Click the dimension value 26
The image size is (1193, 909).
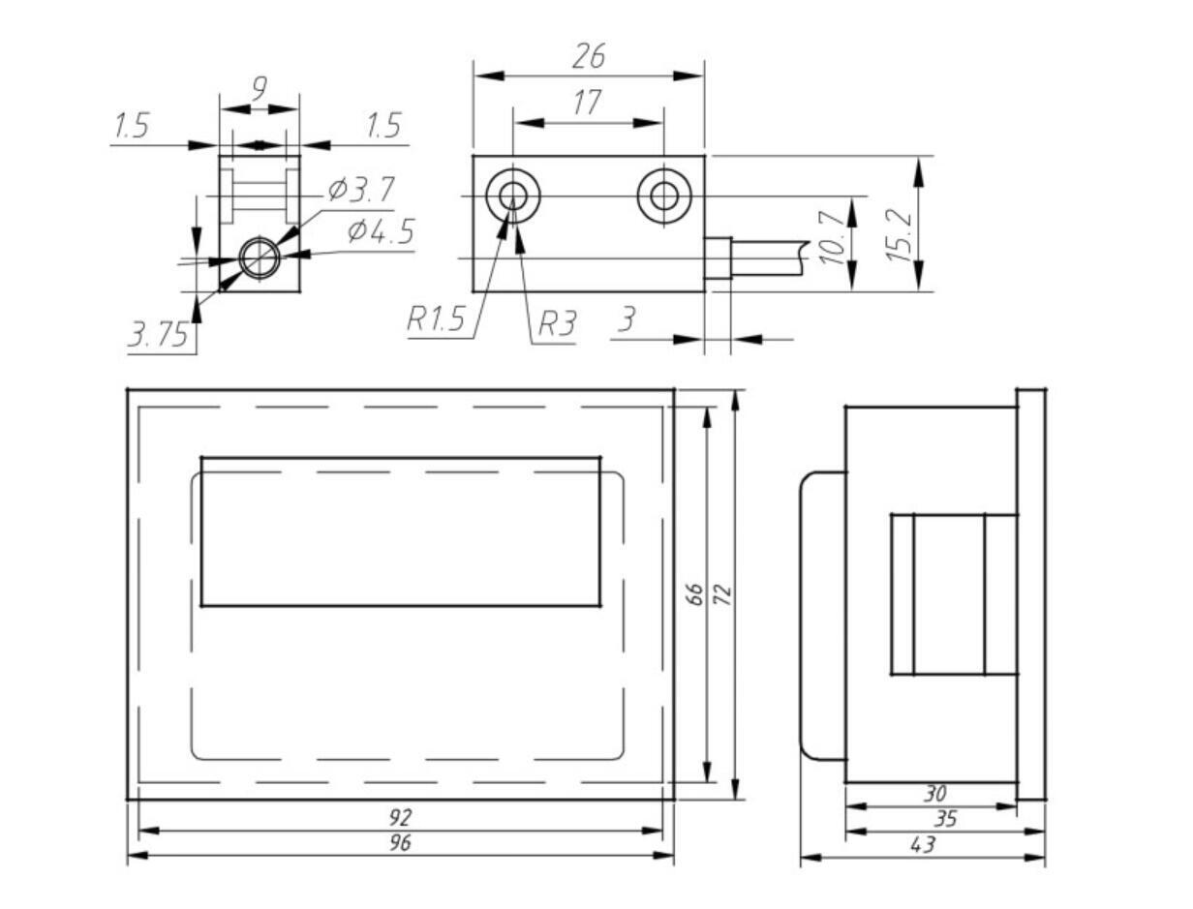(588, 57)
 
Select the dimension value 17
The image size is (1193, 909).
(587, 103)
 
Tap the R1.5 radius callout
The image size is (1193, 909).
(436, 320)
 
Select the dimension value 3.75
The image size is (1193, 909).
(158, 335)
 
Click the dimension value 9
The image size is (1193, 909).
(259, 89)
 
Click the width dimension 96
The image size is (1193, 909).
(399, 843)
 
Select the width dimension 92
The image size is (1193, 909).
(399, 818)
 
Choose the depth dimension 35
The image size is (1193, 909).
(945, 819)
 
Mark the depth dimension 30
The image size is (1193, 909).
(933, 794)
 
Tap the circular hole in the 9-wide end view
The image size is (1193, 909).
(259, 258)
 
